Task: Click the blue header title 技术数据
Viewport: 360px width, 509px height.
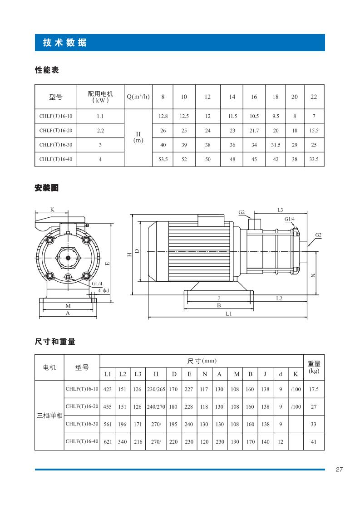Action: click(x=64, y=43)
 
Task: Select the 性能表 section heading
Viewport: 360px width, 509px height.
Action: click(x=47, y=70)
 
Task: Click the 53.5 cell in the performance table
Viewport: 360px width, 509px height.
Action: click(x=163, y=159)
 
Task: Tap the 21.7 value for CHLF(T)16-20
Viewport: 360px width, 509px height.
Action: click(x=254, y=130)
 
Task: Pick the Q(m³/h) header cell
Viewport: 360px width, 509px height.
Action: click(x=138, y=97)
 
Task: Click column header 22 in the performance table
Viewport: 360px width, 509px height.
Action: click(x=314, y=97)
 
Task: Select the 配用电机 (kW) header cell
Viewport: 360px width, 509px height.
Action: click(x=100, y=97)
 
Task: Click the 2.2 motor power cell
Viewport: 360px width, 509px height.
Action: click(x=100, y=130)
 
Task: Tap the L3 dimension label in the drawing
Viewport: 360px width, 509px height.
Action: click(x=280, y=210)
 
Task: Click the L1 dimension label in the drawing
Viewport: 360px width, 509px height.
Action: click(x=229, y=313)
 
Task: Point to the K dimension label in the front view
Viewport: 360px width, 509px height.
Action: click(x=52, y=210)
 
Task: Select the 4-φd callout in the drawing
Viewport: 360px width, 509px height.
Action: click(x=104, y=290)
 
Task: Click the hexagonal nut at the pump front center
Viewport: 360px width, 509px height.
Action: click(x=68, y=258)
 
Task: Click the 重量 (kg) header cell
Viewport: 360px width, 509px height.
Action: click(x=314, y=367)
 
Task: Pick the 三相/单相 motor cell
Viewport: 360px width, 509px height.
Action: click(x=50, y=415)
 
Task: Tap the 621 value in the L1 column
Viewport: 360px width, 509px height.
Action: click(x=108, y=441)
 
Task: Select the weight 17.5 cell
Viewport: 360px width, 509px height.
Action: click(x=314, y=389)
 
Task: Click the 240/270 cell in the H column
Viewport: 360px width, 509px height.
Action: click(x=156, y=407)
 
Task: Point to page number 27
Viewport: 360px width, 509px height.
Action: click(x=339, y=470)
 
